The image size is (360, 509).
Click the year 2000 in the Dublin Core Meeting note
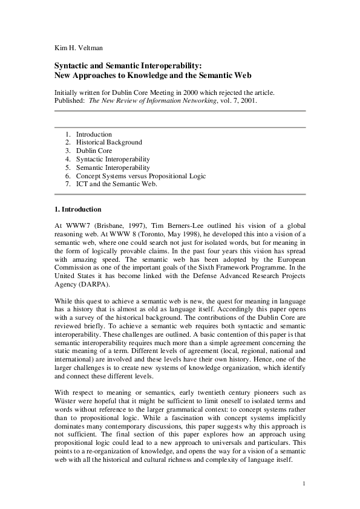178,92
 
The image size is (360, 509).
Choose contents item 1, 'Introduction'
94,134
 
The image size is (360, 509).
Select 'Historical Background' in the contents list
109,142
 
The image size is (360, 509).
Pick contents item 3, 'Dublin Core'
94,151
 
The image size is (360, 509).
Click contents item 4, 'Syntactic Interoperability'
113,159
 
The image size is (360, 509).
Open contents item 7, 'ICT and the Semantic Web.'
117,184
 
